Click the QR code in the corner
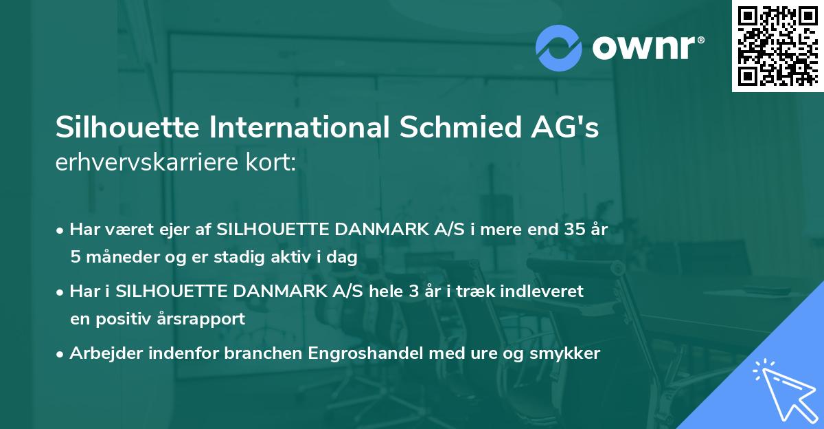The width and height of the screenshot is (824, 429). tap(778, 46)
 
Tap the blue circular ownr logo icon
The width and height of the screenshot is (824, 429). tap(559, 47)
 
